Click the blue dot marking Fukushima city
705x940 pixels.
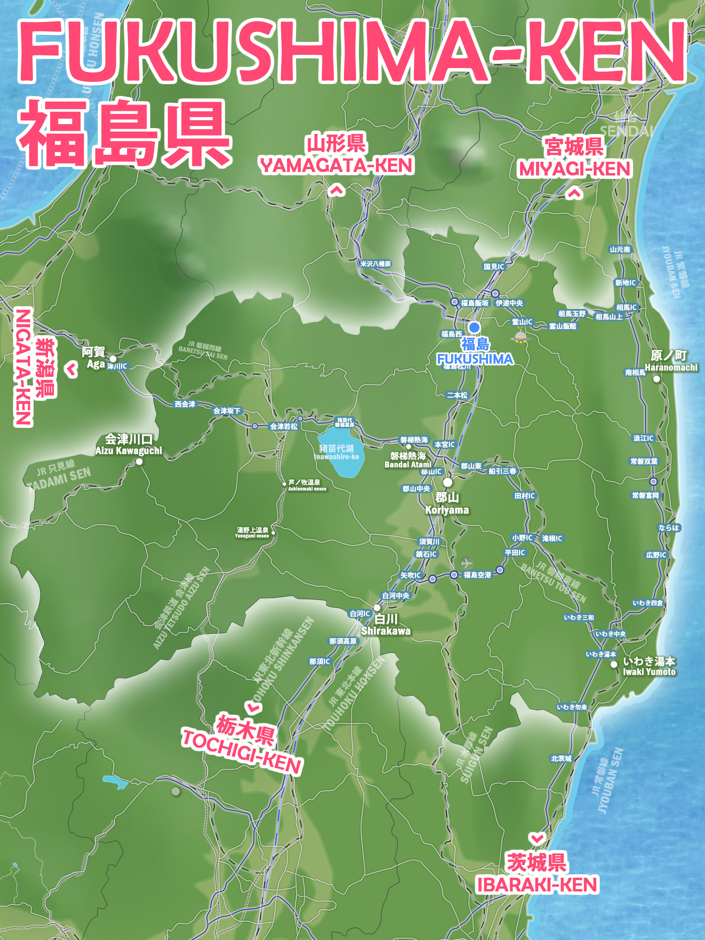click(x=474, y=327)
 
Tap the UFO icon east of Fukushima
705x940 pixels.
click(x=519, y=337)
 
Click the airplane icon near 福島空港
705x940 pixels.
click(x=466, y=563)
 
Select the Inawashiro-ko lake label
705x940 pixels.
click(x=336, y=452)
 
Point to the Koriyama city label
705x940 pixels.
click(x=447, y=503)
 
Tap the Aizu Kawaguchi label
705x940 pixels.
click(x=128, y=444)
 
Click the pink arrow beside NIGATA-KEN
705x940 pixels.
click(x=71, y=369)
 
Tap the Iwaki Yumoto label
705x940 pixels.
click(x=649, y=666)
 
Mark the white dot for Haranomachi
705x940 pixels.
click(x=656, y=379)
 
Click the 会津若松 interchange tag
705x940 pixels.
click(x=284, y=426)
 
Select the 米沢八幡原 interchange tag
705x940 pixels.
click(x=376, y=264)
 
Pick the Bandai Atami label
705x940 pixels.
click(x=408, y=460)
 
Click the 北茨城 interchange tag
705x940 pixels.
click(x=561, y=758)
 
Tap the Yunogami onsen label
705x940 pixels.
click(x=252, y=532)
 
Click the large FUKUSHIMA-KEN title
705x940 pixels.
click(x=352, y=51)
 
